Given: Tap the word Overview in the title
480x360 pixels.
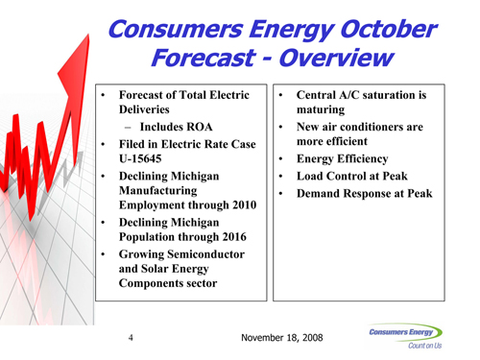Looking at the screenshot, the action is (x=336, y=58).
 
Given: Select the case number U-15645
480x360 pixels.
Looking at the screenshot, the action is (x=140, y=158).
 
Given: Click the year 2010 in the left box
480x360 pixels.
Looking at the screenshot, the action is (x=245, y=204).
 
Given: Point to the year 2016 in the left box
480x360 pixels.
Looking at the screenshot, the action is (x=234, y=237).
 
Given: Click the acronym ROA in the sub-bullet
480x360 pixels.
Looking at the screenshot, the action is (x=199, y=127).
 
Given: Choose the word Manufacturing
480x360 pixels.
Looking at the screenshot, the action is (x=158, y=191).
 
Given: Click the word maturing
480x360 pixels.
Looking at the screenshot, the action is (x=321, y=109).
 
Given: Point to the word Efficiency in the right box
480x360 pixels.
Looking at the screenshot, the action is (x=363, y=159).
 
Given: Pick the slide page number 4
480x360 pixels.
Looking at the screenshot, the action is (x=131, y=337).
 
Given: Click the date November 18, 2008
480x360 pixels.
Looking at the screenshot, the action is (x=282, y=338).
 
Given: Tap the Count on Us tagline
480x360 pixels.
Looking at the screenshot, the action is (x=425, y=346).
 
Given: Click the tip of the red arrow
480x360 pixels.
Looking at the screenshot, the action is (x=88, y=35).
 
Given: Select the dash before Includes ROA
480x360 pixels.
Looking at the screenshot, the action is (x=128, y=128).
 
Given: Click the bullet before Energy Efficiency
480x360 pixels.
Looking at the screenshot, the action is (x=280, y=158).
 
